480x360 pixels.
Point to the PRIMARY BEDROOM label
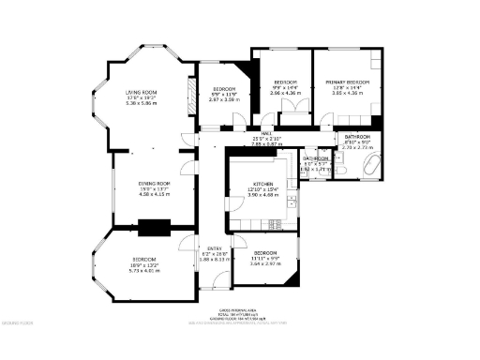(348, 82)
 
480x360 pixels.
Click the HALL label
(267, 134)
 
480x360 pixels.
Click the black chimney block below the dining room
(151, 226)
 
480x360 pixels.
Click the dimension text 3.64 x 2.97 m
(264, 263)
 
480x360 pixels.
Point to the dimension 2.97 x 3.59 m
(223, 97)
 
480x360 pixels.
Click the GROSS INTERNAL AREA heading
(237, 308)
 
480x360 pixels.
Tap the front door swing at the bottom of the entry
(217, 284)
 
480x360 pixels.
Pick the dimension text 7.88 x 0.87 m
(267, 144)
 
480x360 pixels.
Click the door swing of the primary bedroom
(325, 119)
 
